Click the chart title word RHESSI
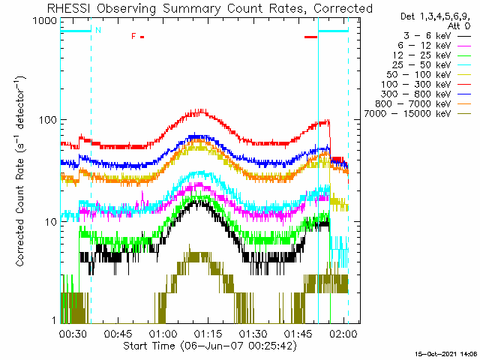(68, 8)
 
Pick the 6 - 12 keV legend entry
(434, 46)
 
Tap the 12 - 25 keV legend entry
(432, 55)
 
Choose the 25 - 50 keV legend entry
(432, 65)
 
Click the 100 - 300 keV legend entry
(426, 85)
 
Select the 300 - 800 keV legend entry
(426, 94)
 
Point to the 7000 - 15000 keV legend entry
(417, 114)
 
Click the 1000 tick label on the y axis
(45, 21)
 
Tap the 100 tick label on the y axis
(48, 120)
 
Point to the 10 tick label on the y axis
(51, 222)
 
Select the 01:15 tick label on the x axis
(208, 334)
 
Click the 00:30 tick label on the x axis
(72, 334)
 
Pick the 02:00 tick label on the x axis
(343, 334)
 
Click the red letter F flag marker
(133, 37)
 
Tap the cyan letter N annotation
(98, 30)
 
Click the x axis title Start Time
(149, 346)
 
